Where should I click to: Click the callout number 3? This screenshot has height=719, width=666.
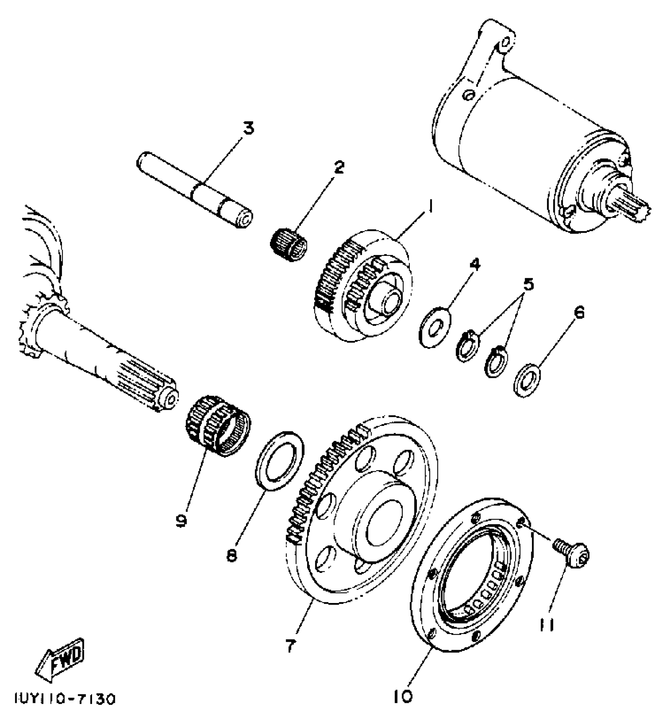point(248,129)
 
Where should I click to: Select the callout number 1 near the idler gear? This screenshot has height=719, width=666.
point(430,205)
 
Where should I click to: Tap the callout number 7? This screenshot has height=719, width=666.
point(290,645)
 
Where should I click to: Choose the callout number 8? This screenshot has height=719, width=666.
point(232,555)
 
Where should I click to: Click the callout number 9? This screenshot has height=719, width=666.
point(181,520)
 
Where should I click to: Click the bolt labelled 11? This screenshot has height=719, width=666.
point(573,552)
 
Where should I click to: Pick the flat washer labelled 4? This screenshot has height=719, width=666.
point(434,327)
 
